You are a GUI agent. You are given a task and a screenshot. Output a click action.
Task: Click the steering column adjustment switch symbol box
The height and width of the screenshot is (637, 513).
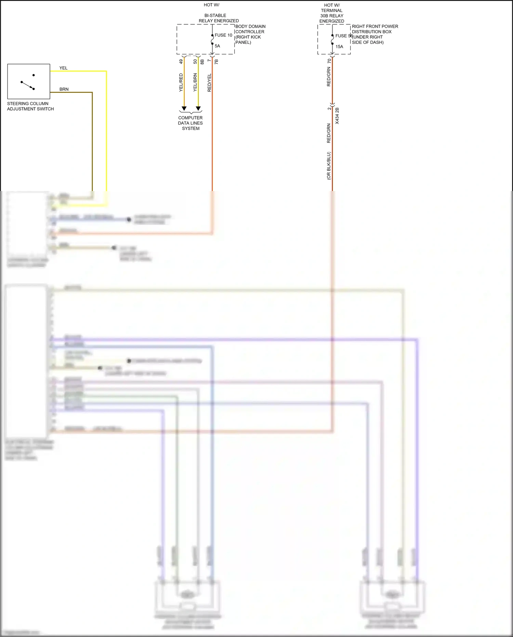point(29,81)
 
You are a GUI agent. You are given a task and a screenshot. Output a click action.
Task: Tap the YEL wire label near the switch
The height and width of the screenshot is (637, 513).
point(64,68)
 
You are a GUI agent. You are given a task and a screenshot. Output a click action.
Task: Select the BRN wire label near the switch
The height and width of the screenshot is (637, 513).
point(64,89)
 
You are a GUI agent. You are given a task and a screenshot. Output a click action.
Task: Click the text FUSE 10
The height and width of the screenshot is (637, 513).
point(223,35)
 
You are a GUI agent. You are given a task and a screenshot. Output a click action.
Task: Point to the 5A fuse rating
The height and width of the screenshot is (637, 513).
point(218,46)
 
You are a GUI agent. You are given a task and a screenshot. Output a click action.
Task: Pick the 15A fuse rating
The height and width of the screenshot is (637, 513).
point(339,47)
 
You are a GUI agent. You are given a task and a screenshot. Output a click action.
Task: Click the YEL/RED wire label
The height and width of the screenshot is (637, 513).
point(181,82)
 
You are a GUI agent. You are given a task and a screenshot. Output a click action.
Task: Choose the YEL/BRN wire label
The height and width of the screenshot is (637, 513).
point(195,82)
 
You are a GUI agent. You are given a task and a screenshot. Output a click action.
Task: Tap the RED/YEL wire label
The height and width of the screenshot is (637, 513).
point(209,82)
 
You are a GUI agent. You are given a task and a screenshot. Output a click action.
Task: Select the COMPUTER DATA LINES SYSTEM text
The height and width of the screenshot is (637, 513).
point(190,123)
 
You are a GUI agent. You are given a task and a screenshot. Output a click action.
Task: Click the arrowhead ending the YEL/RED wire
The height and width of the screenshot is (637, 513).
point(184,109)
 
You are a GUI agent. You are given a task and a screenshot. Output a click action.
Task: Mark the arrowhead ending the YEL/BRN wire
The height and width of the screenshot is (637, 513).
point(198,109)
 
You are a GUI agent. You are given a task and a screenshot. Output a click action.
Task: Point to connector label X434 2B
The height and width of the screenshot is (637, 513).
point(337,116)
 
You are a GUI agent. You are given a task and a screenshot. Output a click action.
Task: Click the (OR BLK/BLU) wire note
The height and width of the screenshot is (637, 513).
point(329,166)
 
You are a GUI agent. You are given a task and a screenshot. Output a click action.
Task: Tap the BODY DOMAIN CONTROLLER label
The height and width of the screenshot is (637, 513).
point(250,34)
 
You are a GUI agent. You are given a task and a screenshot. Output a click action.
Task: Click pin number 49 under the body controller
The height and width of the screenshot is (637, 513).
point(181,62)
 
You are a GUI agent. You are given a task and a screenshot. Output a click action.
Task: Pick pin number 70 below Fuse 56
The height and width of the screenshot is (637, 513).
point(329,61)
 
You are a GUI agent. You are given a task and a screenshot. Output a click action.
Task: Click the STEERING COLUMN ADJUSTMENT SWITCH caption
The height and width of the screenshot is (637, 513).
point(30,106)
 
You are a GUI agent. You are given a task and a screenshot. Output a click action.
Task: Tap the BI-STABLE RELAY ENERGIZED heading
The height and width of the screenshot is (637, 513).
point(219,18)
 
